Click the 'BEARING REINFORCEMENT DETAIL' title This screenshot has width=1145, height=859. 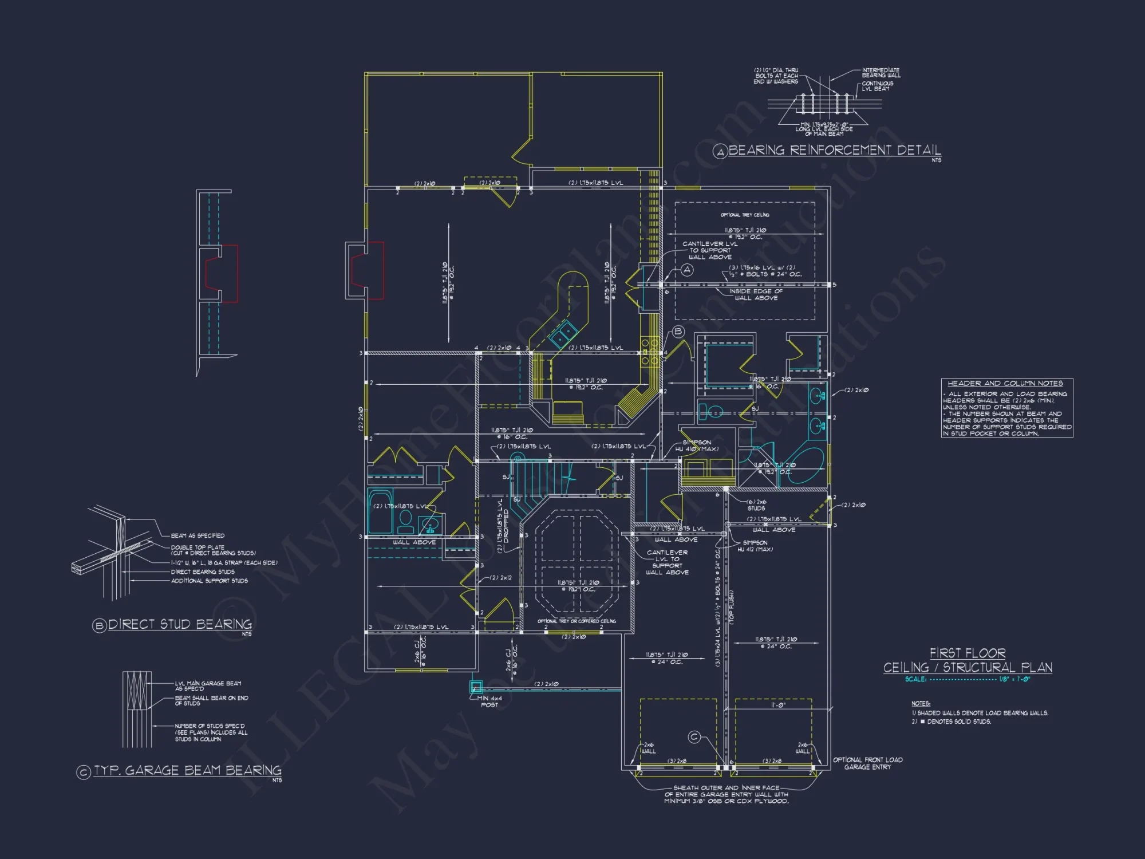click(834, 150)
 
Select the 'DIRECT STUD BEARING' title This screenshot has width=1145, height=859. click(180, 624)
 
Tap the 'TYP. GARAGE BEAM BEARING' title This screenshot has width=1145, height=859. click(187, 770)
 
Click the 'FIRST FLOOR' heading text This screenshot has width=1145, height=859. click(968, 653)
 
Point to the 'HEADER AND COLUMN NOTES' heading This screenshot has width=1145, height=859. click(1005, 383)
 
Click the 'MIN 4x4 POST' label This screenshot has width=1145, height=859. click(490, 702)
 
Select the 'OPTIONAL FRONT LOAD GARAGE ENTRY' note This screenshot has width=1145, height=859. click(867, 763)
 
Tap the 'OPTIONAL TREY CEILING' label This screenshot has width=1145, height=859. click(744, 215)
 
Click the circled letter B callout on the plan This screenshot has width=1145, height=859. click(678, 331)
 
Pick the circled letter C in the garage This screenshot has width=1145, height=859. click(694, 737)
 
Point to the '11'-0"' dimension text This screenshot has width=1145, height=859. click(778, 706)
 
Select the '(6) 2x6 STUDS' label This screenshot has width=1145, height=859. click(756, 505)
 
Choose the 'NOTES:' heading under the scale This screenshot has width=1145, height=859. click(921, 703)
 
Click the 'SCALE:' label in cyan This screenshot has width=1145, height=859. click(915, 679)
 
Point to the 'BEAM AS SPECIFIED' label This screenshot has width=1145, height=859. click(198, 535)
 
